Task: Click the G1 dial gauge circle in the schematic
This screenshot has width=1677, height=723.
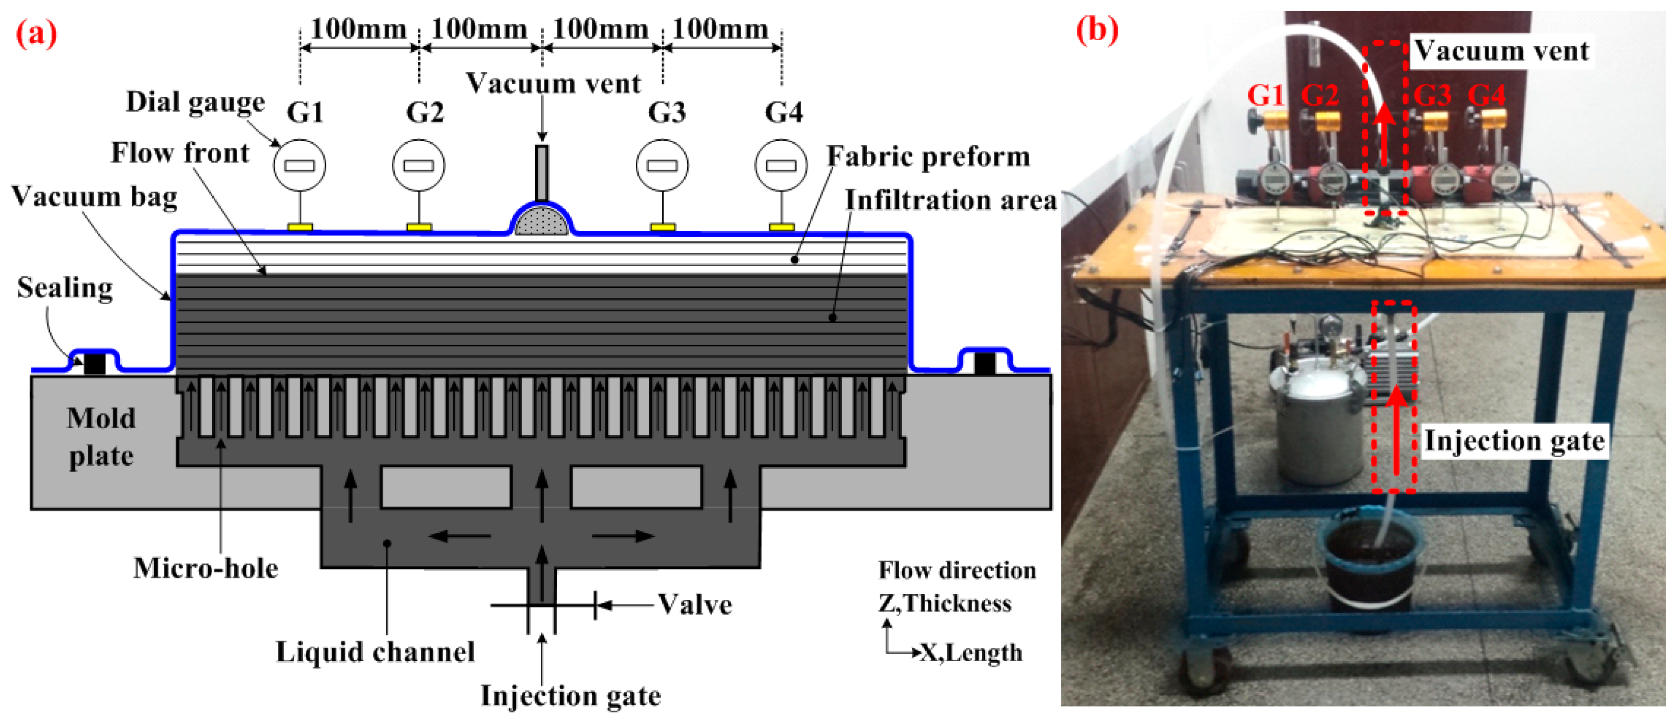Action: click(x=299, y=165)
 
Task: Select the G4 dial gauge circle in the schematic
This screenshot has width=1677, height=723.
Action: click(x=781, y=165)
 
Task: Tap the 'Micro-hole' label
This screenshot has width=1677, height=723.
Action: click(x=206, y=568)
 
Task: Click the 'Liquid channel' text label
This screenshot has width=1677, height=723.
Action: click(x=375, y=651)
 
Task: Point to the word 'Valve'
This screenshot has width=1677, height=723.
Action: click(x=695, y=605)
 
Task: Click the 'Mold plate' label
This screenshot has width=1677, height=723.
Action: click(x=101, y=437)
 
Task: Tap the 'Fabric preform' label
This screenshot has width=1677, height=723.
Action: click(x=929, y=157)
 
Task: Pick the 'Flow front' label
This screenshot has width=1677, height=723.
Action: click(x=180, y=153)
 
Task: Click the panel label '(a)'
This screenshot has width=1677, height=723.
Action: click(x=36, y=33)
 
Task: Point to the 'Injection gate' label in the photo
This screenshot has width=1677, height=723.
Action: click(x=1514, y=441)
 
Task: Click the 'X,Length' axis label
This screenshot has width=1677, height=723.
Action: click(x=971, y=653)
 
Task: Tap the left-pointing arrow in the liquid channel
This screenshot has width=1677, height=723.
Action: click(x=459, y=536)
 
